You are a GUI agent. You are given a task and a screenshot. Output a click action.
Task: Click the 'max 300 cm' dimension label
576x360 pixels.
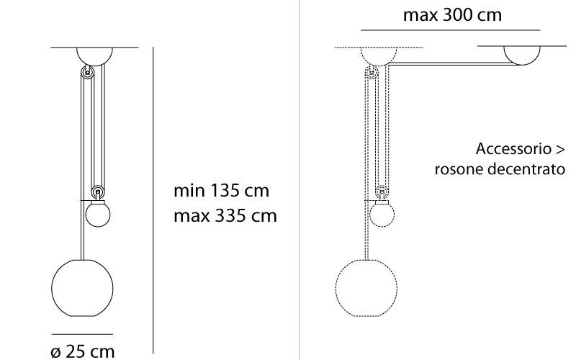coord(452,15)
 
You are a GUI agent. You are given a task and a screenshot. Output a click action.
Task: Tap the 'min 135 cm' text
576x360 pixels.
coord(221,191)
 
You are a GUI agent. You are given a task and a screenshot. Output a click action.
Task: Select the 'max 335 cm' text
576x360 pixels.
coord(225,215)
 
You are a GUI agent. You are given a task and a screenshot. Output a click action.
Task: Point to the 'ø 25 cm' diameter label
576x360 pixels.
coord(83,351)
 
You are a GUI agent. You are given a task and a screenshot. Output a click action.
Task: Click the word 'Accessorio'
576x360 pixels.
coord(513,149)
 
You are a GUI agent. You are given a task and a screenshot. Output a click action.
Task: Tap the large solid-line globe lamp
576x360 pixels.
coord(82,288)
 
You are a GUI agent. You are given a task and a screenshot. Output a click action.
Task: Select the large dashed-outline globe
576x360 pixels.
coord(366,288)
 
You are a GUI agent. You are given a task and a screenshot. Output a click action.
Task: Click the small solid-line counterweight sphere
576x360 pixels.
coord(98,215)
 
